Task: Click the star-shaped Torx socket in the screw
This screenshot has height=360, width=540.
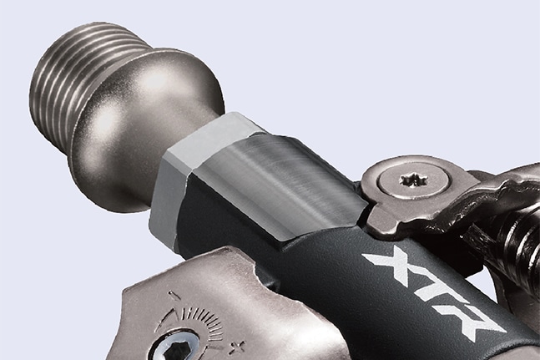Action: (x=414, y=180)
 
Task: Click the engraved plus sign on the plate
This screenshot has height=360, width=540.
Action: (x=238, y=347)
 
